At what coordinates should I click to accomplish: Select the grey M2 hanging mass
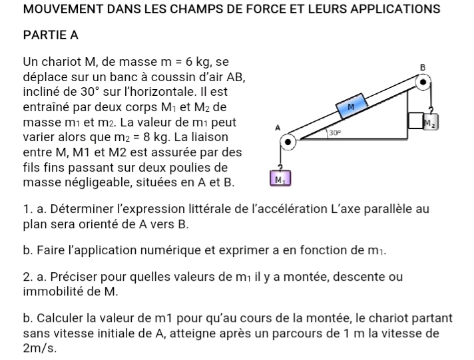(432, 122)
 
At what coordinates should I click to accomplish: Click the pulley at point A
(287, 142)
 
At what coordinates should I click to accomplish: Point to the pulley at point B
(422, 83)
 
